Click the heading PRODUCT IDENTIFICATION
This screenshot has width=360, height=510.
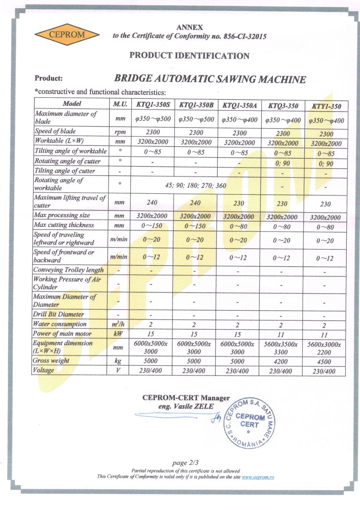pos(190,56)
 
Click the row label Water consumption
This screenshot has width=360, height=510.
pos(60,324)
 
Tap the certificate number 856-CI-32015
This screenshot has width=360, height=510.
pos(243,36)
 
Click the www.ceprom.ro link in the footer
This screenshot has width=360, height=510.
pos(258,477)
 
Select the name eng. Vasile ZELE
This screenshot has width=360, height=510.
pos(186,407)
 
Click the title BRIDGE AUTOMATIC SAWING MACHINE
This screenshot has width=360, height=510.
pos(210,79)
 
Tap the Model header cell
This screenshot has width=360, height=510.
pos(72,104)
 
